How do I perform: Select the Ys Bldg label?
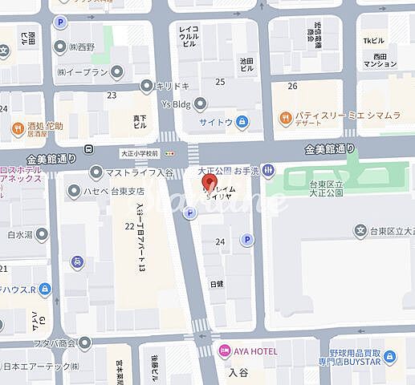(x=177, y=102)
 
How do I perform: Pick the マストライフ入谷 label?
(x=133, y=171)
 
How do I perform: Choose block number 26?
(x=292, y=85)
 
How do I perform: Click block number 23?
(x=112, y=95)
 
